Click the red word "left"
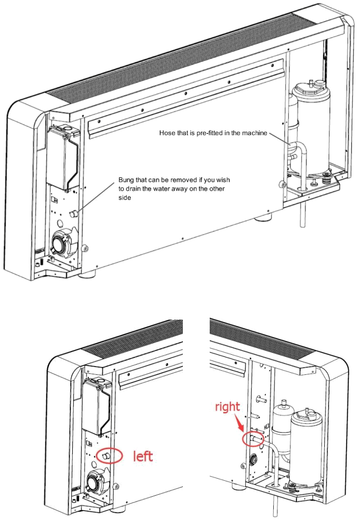(143, 456)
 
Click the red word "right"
(228, 407)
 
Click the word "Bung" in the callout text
(127, 180)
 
